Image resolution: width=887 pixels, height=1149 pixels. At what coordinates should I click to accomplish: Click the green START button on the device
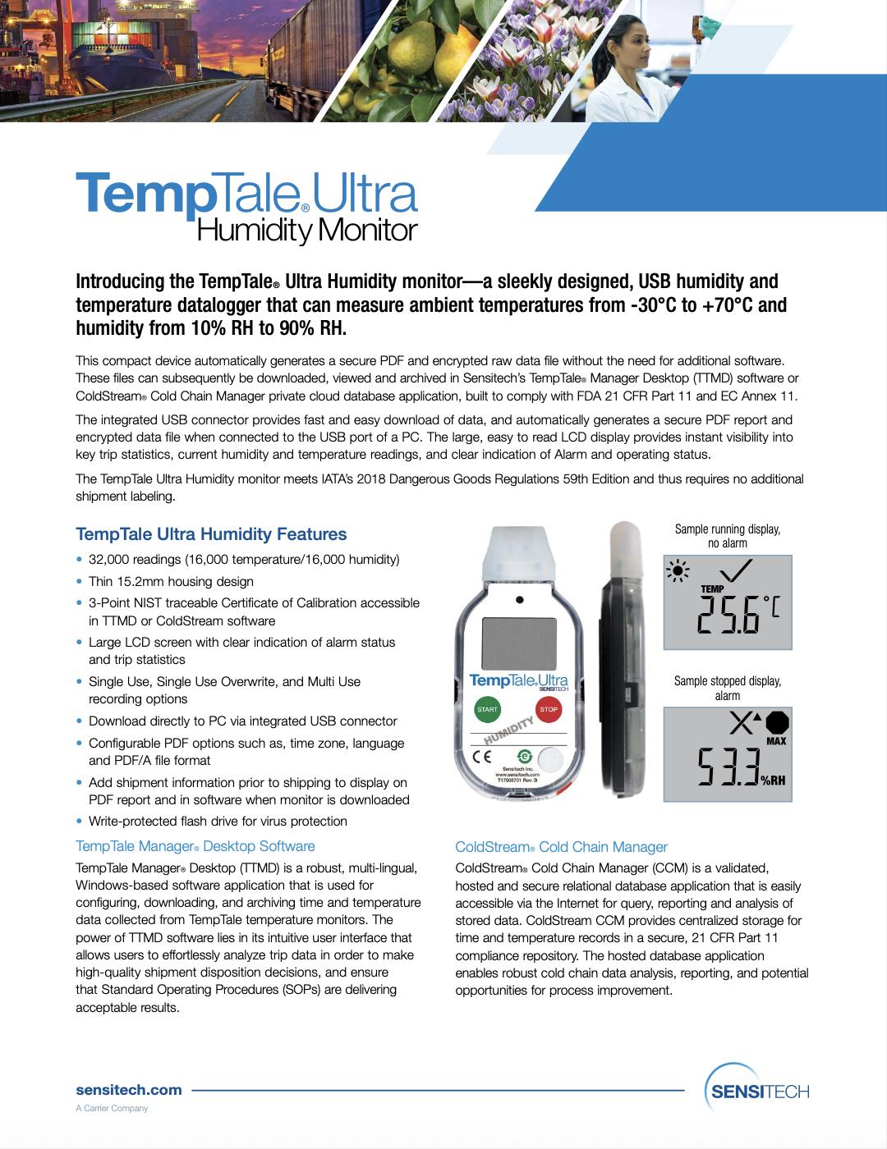pyautogui.click(x=487, y=709)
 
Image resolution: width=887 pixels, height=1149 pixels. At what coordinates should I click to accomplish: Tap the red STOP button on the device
pyautogui.click(x=549, y=709)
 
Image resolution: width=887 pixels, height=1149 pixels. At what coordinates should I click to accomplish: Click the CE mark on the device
pyautogui.click(x=481, y=757)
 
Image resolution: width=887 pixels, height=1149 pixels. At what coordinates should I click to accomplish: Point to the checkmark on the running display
pyautogui.click(x=735, y=570)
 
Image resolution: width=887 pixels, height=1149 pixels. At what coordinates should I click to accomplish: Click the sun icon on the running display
pyautogui.click(x=678, y=571)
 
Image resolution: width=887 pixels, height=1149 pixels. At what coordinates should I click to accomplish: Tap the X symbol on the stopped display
pyautogui.click(x=741, y=723)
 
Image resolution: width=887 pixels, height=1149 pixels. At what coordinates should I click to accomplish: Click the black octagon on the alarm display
pyautogui.click(x=777, y=722)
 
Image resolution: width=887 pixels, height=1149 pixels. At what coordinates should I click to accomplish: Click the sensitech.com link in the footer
pyautogui.click(x=129, y=1090)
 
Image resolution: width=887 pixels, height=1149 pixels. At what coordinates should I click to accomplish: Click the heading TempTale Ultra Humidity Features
pyautogui.click(x=211, y=534)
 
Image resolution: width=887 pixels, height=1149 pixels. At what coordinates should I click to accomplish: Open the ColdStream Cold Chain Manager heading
pyautogui.click(x=561, y=847)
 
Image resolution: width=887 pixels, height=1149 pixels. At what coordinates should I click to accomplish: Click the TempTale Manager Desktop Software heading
pyautogui.click(x=195, y=846)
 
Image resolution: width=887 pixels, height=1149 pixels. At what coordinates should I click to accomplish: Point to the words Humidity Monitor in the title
pyautogui.click(x=307, y=231)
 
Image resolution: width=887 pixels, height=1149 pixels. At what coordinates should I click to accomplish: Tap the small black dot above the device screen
pyautogui.click(x=519, y=600)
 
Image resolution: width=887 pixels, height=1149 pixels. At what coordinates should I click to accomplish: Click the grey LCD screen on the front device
pyautogui.click(x=519, y=643)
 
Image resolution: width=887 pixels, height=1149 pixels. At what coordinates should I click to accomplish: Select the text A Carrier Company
pyautogui.click(x=112, y=1108)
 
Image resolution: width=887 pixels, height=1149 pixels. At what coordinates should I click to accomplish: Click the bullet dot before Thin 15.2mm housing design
pyautogui.click(x=80, y=581)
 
